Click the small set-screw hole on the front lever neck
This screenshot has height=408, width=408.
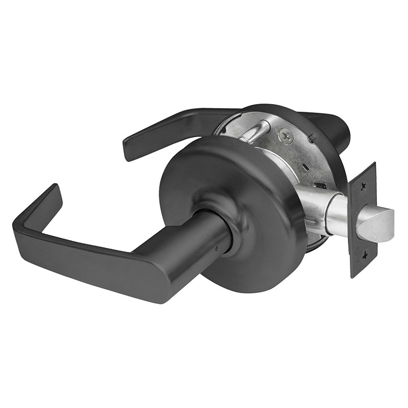click(x=217, y=249)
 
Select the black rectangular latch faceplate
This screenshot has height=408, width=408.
click(x=363, y=219)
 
